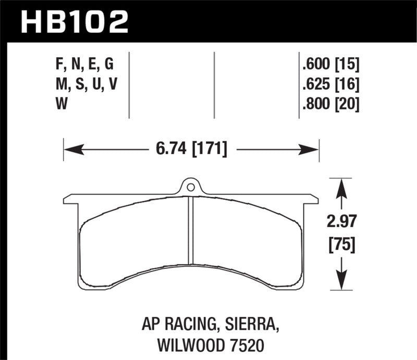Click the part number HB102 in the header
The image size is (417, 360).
(73, 21)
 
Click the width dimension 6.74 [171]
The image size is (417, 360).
(191, 150)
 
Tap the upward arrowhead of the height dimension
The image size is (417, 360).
(341, 187)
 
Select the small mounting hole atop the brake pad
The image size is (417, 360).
(191, 187)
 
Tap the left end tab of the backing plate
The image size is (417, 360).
(70, 200)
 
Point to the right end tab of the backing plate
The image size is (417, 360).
(312, 199)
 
